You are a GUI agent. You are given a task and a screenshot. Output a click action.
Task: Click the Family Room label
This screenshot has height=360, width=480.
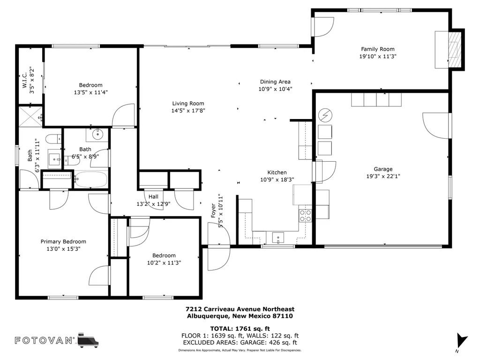[x=377, y=49]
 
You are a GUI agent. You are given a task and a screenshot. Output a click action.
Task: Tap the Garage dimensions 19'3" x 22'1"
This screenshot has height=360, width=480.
[x=383, y=176]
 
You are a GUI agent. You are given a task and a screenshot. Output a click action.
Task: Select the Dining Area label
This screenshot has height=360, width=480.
[x=275, y=82]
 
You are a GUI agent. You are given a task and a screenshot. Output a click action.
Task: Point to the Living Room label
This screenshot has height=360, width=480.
[x=188, y=104]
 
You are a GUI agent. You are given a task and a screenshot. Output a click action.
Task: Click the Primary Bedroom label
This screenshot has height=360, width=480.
[x=63, y=241]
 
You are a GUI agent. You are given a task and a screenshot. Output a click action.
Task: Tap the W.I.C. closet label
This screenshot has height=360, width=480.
[x=25, y=80]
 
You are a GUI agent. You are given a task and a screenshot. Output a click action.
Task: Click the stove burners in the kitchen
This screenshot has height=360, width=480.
[x=305, y=216]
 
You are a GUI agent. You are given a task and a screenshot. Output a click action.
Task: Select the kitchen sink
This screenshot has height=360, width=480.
[x=278, y=238]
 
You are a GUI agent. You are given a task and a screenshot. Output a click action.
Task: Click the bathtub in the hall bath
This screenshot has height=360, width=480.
[x=91, y=180]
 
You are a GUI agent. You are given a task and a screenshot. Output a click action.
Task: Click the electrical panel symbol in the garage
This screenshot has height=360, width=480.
[x=325, y=115]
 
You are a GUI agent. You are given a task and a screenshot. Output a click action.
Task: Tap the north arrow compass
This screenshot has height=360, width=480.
[x=461, y=341]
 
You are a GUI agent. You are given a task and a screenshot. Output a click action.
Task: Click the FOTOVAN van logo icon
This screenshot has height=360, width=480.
[x=88, y=340]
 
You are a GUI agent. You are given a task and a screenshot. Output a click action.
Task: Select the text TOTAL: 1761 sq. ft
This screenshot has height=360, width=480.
[x=240, y=329]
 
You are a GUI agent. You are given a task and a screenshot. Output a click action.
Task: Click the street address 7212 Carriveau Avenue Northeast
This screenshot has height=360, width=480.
[x=240, y=309]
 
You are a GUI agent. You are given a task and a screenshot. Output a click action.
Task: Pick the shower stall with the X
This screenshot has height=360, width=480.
[x=30, y=116]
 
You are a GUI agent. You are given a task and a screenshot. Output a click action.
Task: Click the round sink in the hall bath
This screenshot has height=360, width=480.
[x=97, y=134]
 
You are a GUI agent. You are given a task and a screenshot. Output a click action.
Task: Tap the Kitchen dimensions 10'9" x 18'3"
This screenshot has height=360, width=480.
[x=277, y=180]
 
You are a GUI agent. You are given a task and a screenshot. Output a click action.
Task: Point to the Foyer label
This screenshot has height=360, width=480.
[x=213, y=211]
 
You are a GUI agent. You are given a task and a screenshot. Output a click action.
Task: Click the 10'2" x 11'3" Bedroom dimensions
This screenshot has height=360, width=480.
[x=164, y=262]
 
